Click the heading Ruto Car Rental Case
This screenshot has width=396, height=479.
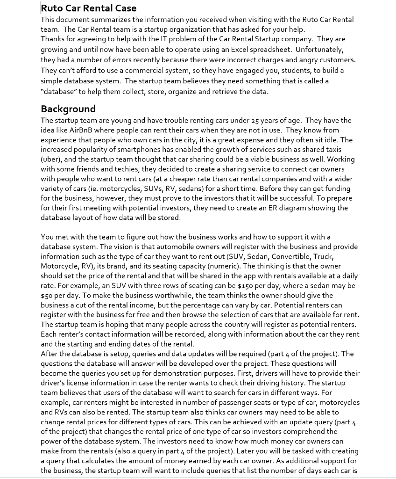89,8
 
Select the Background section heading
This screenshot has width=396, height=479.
68,109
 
